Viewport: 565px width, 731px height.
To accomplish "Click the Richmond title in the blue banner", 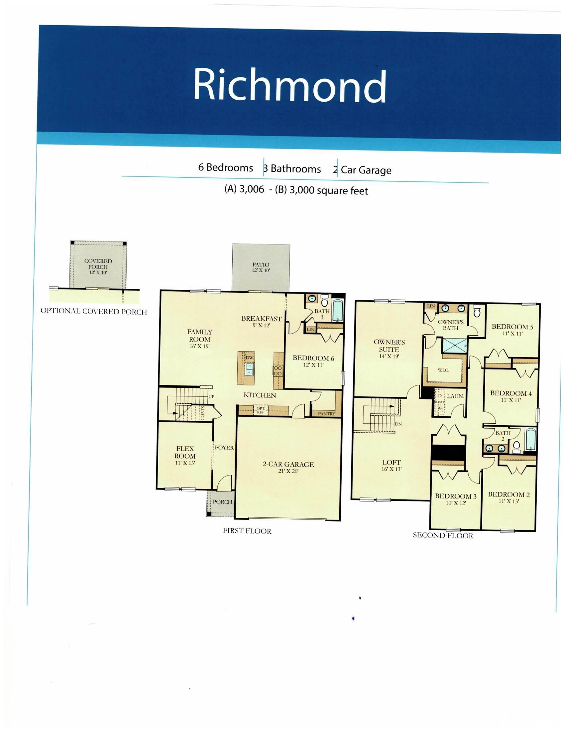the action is [x=289, y=85].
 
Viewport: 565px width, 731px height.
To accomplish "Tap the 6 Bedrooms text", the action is [x=225, y=167].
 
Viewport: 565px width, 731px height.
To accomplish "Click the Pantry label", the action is [x=326, y=414].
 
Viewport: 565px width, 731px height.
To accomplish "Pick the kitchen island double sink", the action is [x=249, y=369].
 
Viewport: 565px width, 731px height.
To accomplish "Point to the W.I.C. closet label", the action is [x=443, y=370].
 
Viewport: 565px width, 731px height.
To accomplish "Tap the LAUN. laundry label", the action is [x=455, y=396].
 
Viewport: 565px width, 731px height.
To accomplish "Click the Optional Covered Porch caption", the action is [x=94, y=311].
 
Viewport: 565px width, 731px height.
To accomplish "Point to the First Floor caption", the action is [x=247, y=531].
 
